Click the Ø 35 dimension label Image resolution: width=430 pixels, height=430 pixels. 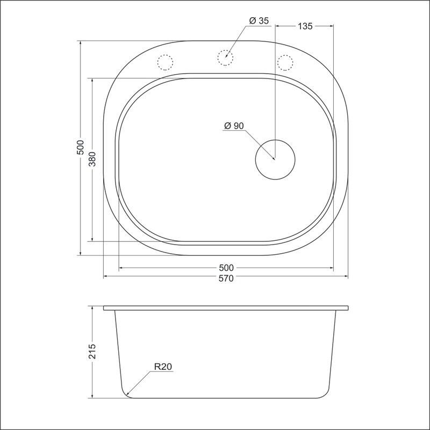pos(259,21)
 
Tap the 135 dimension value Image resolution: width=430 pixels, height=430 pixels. pos(304,26)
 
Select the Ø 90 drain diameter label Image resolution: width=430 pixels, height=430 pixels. pos(234,126)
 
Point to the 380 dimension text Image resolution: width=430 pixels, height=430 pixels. pos(92,159)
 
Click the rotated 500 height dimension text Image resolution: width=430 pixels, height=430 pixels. pos(80,148)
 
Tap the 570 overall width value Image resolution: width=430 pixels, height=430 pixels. pos(226,279)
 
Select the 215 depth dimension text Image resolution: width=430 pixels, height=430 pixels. pos(92,352)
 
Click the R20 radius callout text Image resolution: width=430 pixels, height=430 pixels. pos(162,367)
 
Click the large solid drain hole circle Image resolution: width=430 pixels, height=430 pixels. pos(275,159)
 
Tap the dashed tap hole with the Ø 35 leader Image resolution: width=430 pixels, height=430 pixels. pos(226,56)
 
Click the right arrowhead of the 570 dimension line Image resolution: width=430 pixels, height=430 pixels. pos(347,276)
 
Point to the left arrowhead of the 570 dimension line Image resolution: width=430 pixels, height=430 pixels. pos(105,276)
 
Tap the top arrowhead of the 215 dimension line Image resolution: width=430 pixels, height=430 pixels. pos(92,309)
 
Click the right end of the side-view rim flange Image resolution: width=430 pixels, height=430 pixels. pos(348,309)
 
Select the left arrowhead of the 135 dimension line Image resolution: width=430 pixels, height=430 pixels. pos(277,26)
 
